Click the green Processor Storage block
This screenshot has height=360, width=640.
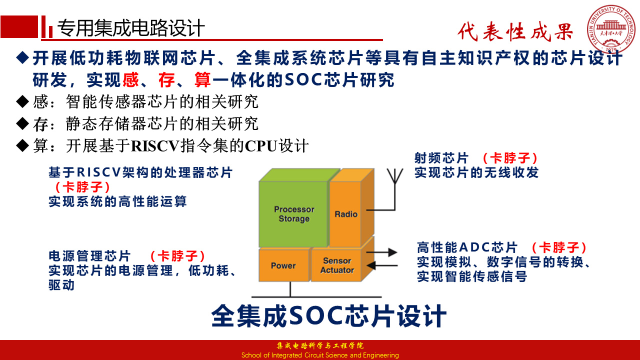point(293,213)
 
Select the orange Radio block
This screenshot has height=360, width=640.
point(345,213)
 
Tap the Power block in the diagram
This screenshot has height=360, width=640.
point(283,265)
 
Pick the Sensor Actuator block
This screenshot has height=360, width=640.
point(336,265)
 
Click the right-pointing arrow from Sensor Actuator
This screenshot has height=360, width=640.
point(381,252)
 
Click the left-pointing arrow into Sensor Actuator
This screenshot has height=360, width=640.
point(381,265)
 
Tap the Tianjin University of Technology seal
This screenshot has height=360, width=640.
point(611,28)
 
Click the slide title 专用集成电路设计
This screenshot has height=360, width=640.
point(131,28)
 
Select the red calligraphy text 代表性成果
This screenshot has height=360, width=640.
point(515,31)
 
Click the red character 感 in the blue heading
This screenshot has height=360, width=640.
point(130,79)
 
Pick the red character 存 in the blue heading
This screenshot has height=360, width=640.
point(166,79)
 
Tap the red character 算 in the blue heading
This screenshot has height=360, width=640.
point(202,79)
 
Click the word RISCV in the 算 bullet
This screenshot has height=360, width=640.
point(155,146)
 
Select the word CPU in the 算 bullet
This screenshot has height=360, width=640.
point(261,146)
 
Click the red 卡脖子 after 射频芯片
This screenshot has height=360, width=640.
point(510,158)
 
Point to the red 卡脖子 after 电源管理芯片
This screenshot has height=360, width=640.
point(177,255)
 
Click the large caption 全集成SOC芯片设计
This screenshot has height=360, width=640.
point(329,315)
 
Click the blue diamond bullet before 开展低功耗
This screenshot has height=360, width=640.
point(22,57)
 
